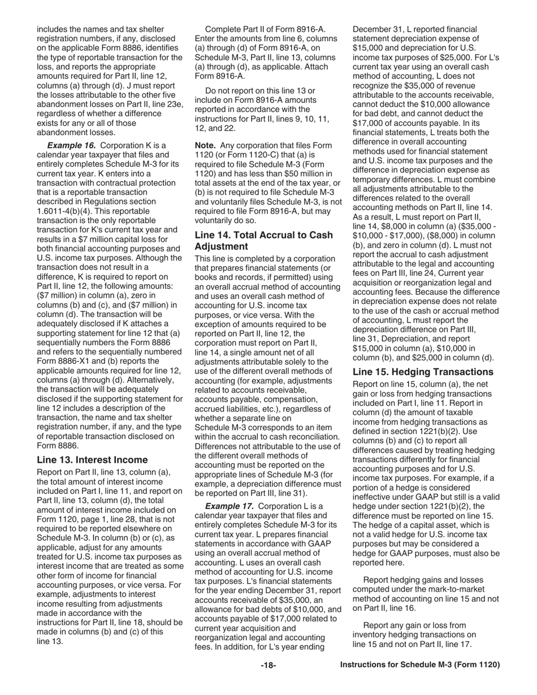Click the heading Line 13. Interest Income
coord(92,459)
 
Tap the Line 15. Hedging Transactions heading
coord(423,372)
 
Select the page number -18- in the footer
coord(268,665)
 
